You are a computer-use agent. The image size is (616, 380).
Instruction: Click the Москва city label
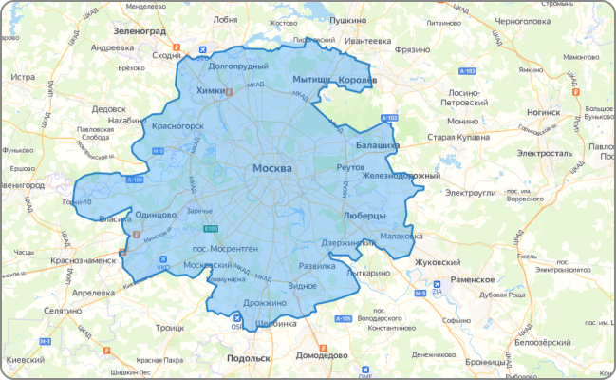[x=271, y=168]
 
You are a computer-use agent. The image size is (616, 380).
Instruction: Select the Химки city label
[x=209, y=90]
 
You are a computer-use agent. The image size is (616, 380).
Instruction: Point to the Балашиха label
[x=377, y=146]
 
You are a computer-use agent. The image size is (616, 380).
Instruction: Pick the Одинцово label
[x=157, y=216]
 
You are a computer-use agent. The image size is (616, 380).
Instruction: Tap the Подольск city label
[x=249, y=358]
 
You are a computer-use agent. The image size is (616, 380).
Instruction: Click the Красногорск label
[x=177, y=125]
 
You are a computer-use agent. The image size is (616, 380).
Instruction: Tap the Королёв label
[x=358, y=80]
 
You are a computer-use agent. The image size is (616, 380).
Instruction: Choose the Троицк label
[x=169, y=327]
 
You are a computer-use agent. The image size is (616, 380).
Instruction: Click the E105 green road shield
[x=211, y=228]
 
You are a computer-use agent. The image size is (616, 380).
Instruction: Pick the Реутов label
[x=351, y=167]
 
